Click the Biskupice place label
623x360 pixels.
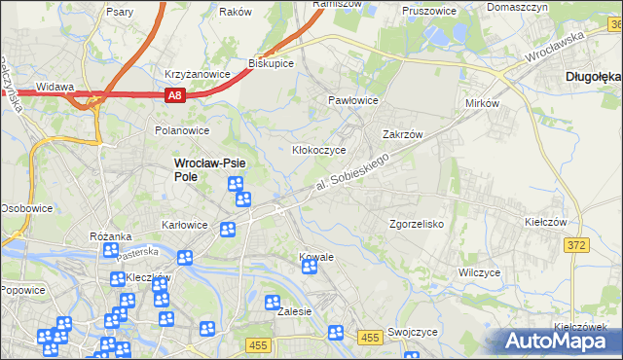(271, 64)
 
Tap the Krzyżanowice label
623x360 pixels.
(197, 74)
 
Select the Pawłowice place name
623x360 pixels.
(352, 100)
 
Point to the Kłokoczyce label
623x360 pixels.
(320, 151)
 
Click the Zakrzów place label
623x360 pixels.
(401, 135)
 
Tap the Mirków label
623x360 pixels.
(483, 103)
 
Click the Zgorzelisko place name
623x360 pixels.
(417, 224)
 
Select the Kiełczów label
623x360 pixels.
(545, 223)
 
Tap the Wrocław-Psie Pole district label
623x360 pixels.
(207, 170)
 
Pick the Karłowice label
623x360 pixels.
(185, 225)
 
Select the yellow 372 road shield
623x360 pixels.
(576, 245)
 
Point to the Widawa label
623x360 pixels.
(55, 87)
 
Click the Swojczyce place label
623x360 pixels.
(411, 332)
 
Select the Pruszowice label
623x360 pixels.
(430, 13)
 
